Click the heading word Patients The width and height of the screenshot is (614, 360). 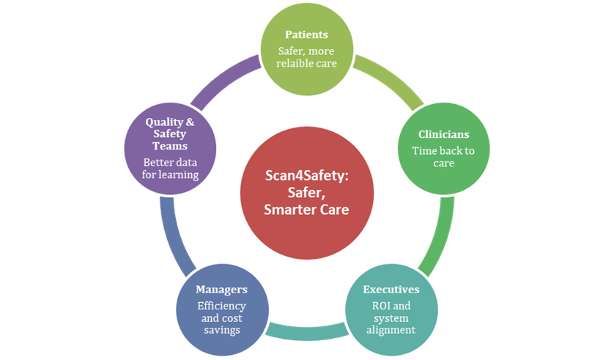pos(306,35)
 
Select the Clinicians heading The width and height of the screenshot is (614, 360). pos(443,134)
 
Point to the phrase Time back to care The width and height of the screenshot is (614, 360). pos(443,157)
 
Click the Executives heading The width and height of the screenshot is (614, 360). pos(391,290)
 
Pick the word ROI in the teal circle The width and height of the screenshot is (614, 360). pos(379,306)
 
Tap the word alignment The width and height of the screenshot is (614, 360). pos(391,330)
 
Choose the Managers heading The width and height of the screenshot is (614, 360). pos(221,290)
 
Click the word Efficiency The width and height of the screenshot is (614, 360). pos(221,306)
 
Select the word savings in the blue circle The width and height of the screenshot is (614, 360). pos(222,330)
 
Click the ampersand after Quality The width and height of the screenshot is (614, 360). pos(190,122)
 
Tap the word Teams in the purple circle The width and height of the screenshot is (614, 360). pos(170,146)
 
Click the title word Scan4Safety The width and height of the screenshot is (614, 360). pos(306,175)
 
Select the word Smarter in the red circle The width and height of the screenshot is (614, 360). pos(289,210)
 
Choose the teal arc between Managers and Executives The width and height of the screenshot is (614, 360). pos(306,332)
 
